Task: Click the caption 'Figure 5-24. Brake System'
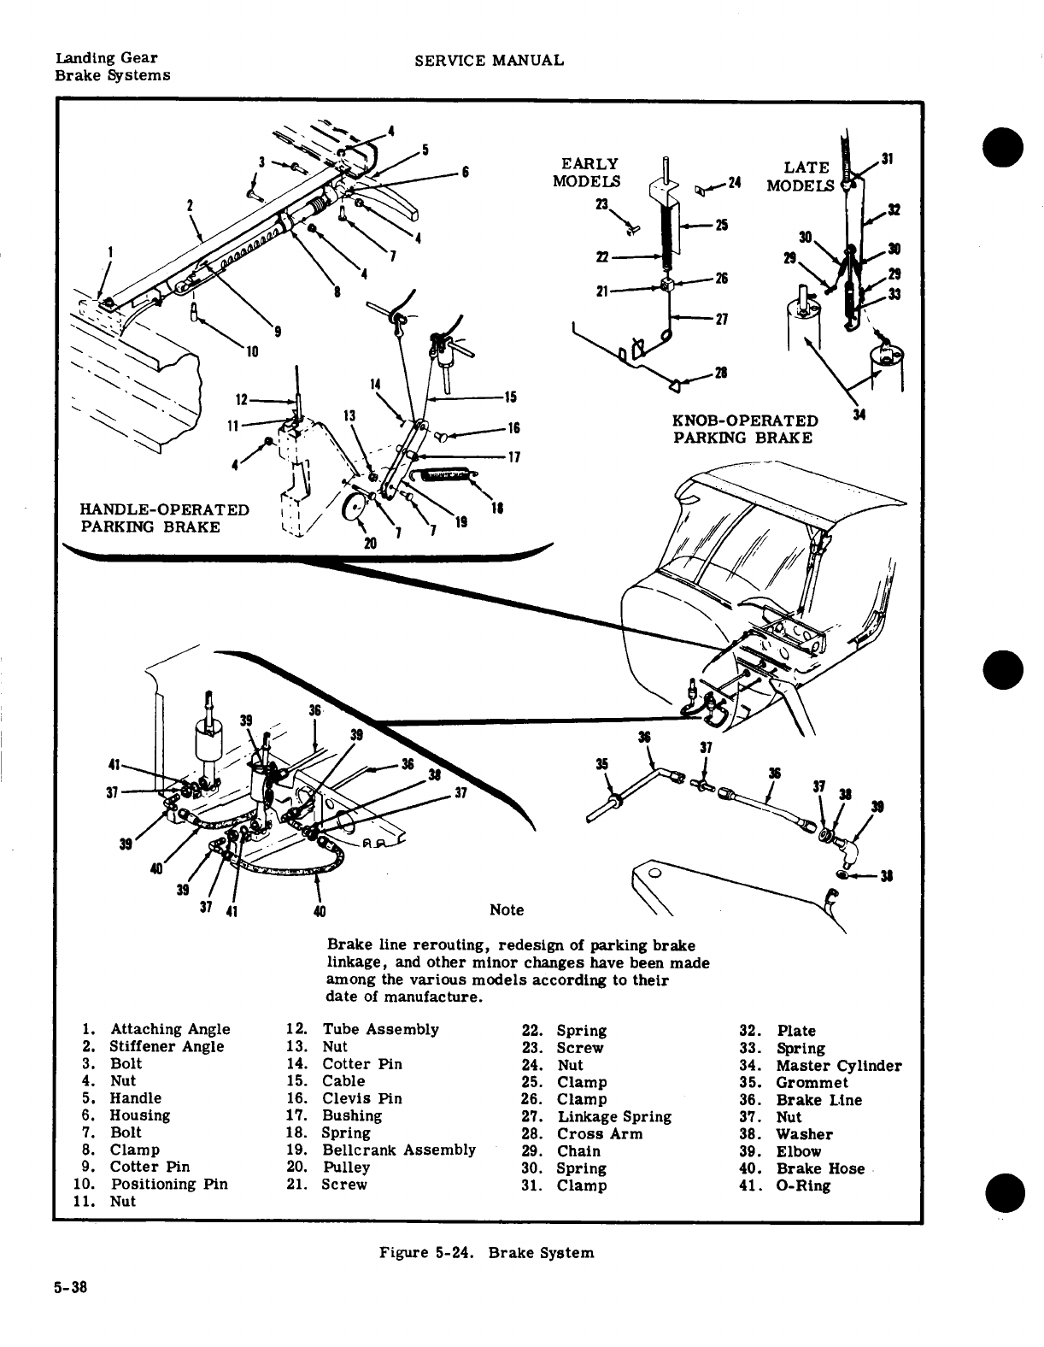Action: pos(486,1253)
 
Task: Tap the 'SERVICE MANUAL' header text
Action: pos(488,60)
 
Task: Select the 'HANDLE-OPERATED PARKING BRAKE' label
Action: pos(164,518)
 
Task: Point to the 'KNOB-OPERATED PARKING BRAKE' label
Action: pos(745,429)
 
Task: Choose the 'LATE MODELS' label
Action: pos(800,176)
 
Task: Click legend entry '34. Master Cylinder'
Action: pos(819,1066)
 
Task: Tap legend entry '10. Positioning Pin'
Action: pos(150,1184)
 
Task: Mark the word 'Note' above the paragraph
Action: pos(507,909)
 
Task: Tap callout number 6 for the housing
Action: pos(466,171)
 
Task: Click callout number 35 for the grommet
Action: pos(601,763)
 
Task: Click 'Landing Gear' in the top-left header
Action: pos(105,58)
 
